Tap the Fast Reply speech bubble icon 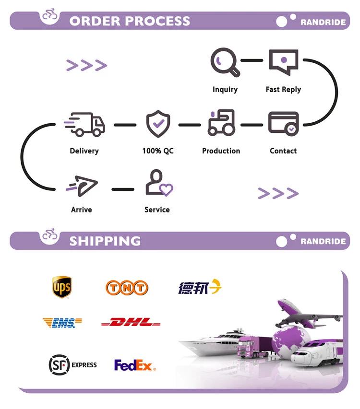(283, 62)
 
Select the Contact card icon (283, 123)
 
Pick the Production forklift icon (221, 123)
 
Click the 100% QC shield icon (158, 123)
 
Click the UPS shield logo (62, 287)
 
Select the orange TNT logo (127, 288)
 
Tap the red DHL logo (131, 323)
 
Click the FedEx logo (135, 365)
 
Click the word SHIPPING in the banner (105, 241)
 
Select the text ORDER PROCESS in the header (130, 21)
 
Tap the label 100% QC (158, 151)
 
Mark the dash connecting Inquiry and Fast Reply (252, 61)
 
